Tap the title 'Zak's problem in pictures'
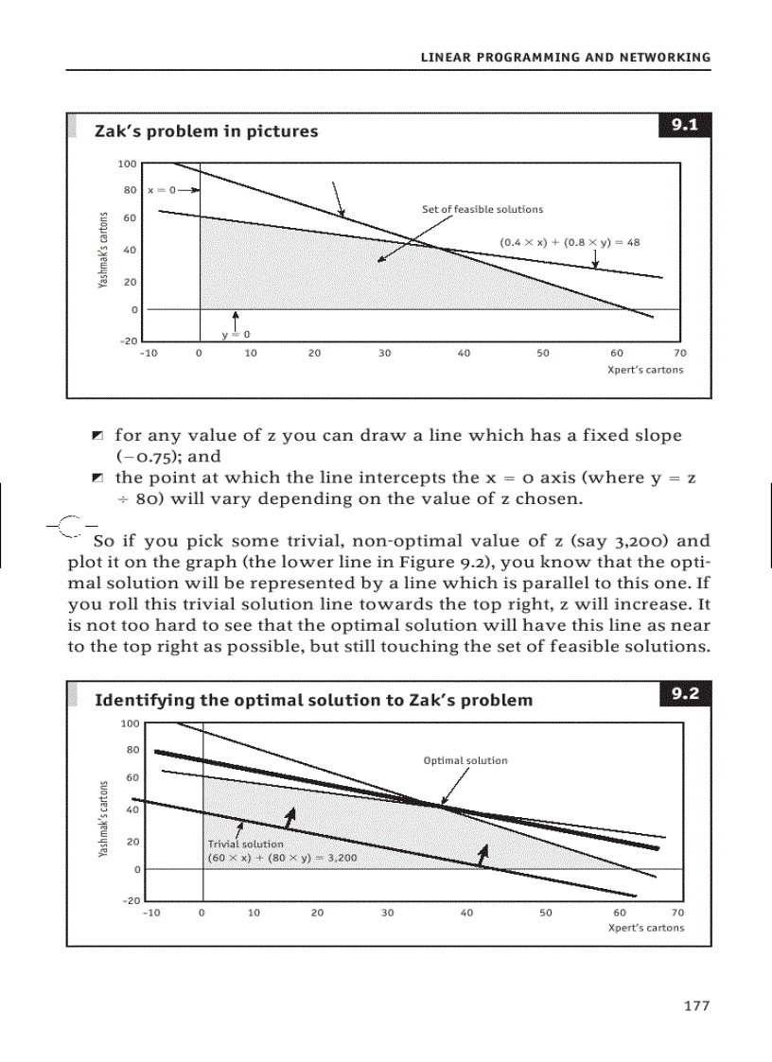pyautogui.click(x=206, y=131)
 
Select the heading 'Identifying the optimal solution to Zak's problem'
pyautogui.click(x=313, y=701)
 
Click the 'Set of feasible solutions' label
pyautogui.click(x=482, y=209)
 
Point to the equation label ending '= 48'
pyautogui.click(x=570, y=242)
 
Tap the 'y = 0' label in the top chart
pyautogui.click(x=235, y=335)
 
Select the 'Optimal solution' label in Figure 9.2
pyautogui.click(x=465, y=760)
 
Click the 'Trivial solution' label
pyautogui.click(x=245, y=844)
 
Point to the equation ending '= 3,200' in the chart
pyautogui.click(x=281, y=858)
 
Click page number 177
pyautogui.click(x=696, y=1006)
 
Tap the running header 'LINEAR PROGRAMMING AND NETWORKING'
pyautogui.click(x=565, y=58)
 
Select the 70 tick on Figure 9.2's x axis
pyautogui.click(x=676, y=914)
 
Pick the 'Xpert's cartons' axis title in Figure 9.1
pyautogui.click(x=644, y=370)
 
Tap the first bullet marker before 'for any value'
pyautogui.click(x=97, y=436)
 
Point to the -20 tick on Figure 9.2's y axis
pyautogui.click(x=131, y=900)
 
